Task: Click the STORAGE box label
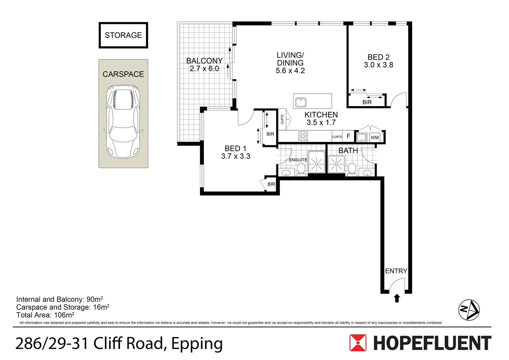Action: (x=123, y=35)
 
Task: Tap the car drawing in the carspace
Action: (x=123, y=122)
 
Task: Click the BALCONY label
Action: (x=204, y=61)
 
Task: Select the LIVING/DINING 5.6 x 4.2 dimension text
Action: (x=290, y=71)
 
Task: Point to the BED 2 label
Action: (x=378, y=57)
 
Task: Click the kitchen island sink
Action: (x=301, y=102)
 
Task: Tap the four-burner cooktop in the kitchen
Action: (x=303, y=136)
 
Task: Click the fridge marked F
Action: (x=348, y=136)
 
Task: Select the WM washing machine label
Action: (x=375, y=138)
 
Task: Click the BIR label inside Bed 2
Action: (x=367, y=102)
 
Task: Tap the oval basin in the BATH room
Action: (x=367, y=173)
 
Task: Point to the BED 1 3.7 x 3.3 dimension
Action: (x=236, y=156)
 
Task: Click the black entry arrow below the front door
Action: (x=397, y=298)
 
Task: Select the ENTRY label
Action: (x=396, y=271)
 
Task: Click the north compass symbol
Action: (x=469, y=310)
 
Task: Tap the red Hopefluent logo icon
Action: (x=358, y=343)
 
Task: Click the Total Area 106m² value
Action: (x=64, y=315)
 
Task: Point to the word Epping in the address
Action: (x=197, y=344)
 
